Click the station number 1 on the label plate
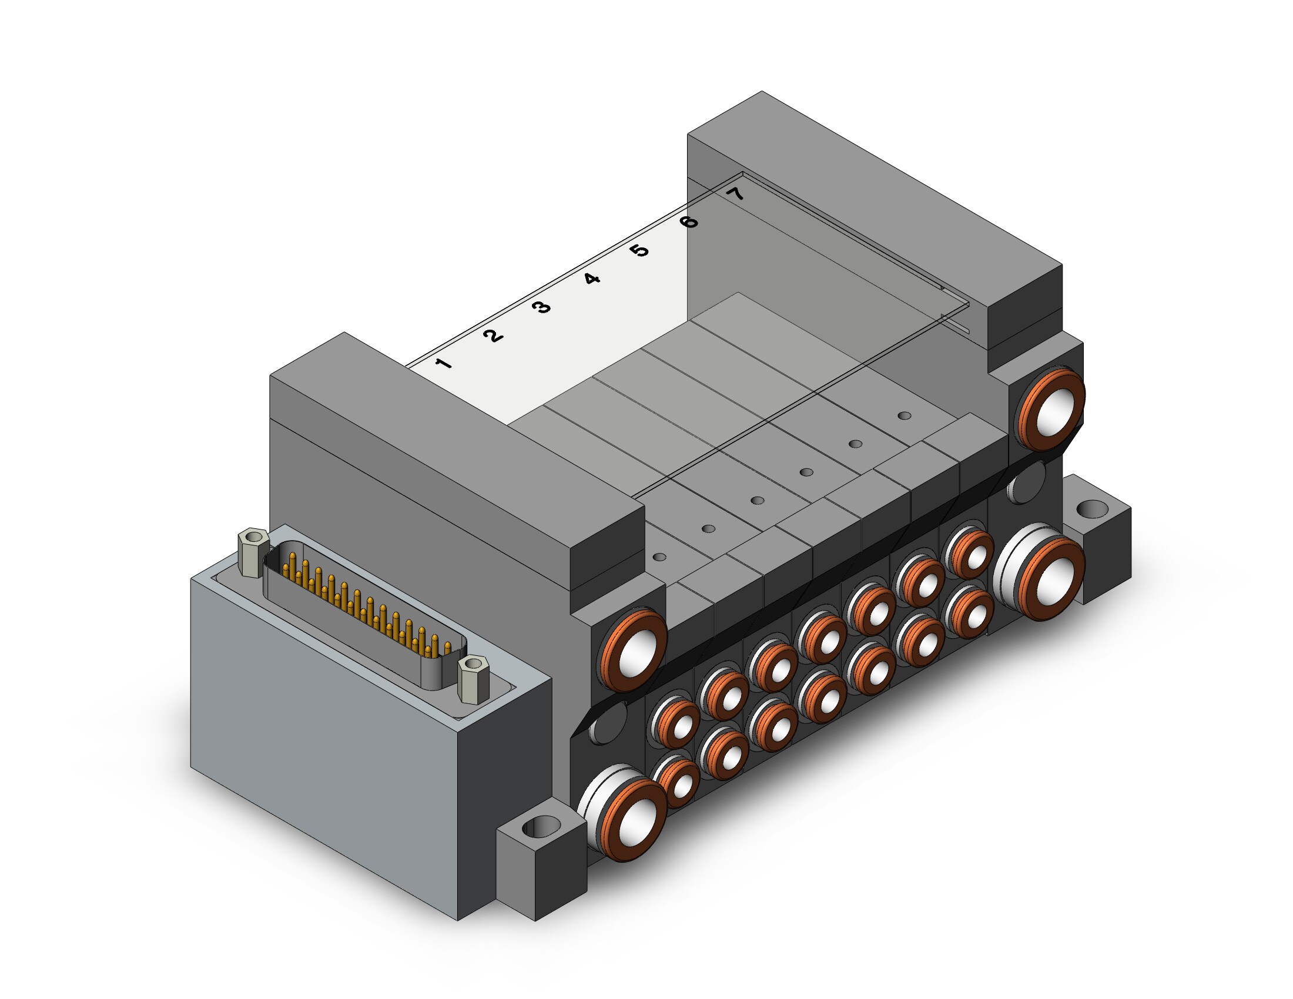click(x=444, y=363)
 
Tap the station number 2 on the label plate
click(x=493, y=336)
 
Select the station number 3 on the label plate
click(x=541, y=307)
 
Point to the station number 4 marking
click(x=591, y=278)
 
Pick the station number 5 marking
click(x=639, y=250)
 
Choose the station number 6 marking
click(x=689, y=222)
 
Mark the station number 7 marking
click(x=736, y=193)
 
